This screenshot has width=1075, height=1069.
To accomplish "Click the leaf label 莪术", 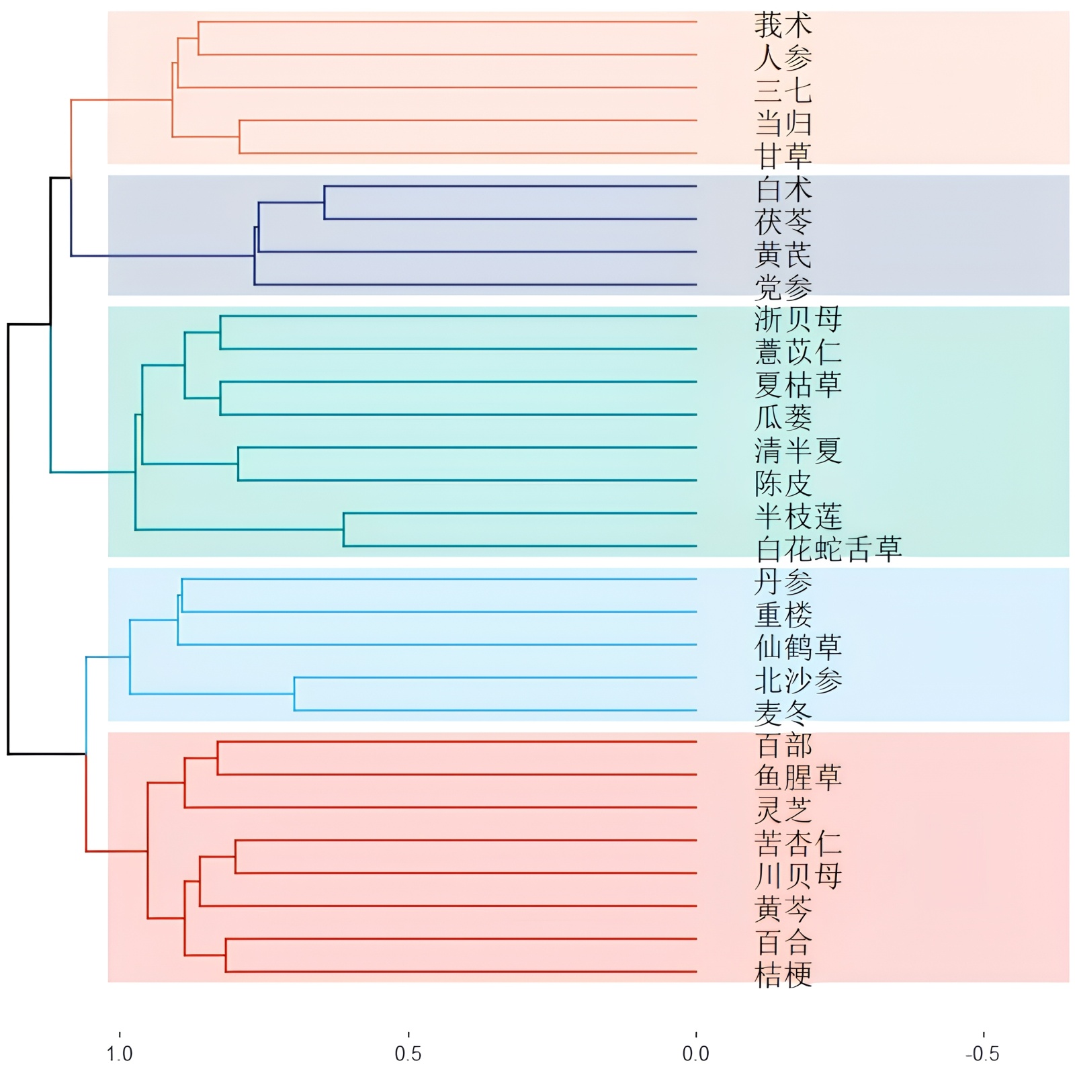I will pos(783,25).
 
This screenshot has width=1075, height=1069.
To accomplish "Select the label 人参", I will pos(783,58).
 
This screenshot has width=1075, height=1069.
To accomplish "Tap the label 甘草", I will pos(783,156).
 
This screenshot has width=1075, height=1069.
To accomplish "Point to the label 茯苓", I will pos(783,222).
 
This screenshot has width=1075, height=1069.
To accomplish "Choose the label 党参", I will pos(783,288).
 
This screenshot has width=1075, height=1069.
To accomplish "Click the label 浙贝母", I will pos(798,319).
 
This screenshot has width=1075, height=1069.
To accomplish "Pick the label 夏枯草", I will pos(798,385).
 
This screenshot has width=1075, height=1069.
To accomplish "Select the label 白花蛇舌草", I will pos(828,549).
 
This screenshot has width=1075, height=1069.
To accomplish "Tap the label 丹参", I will pos(783,582).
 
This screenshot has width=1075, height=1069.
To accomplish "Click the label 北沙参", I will pos(798,680).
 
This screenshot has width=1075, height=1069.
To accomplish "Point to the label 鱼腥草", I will pos(798,778).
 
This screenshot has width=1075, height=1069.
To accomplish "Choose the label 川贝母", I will pos(798,876).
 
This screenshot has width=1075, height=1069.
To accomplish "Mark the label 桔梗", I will pos(783,975).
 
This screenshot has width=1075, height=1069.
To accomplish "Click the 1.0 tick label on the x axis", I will pos(120,1053).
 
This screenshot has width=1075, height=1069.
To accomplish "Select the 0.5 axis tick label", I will pos(408,1053).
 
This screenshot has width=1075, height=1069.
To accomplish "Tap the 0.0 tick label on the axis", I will pos(695,1053).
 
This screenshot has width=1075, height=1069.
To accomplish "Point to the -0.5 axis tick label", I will pos(982,1053).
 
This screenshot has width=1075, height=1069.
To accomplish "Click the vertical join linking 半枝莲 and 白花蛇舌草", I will pos(343,529).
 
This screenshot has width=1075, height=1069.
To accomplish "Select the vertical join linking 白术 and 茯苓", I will pos(325,202).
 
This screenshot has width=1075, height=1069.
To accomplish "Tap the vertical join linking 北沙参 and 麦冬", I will pos(294,693).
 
